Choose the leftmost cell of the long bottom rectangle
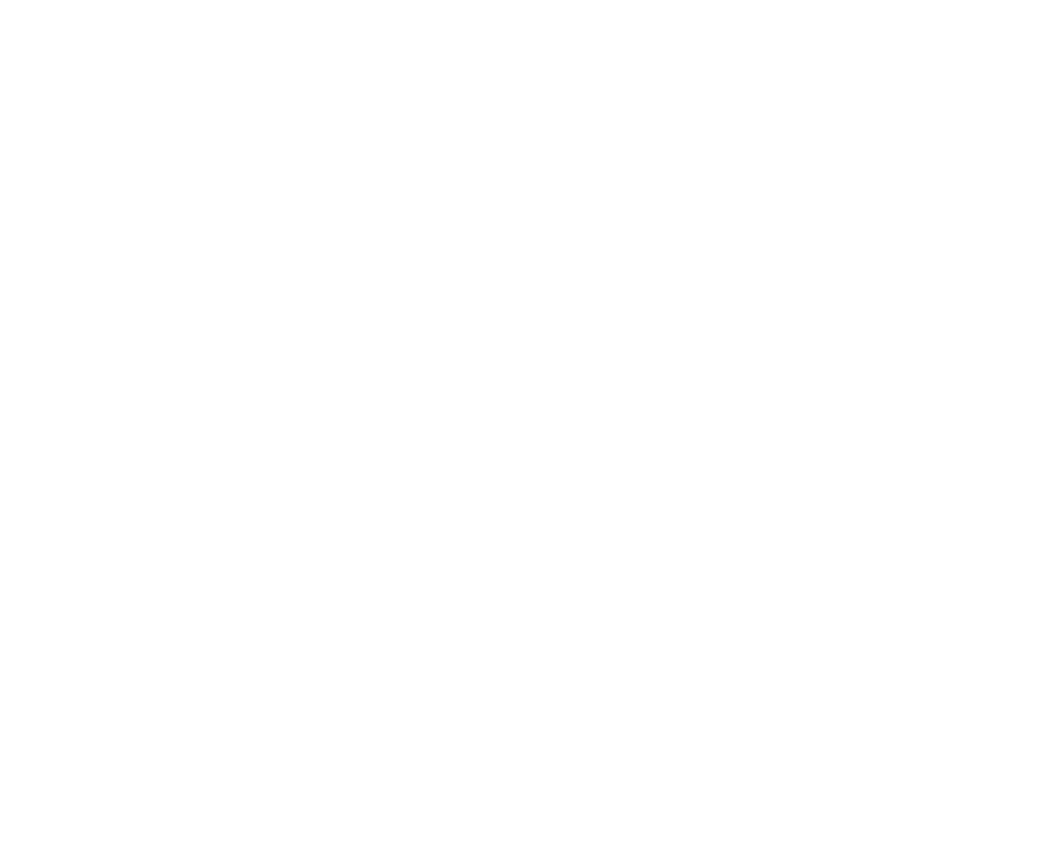[x=131, y=500]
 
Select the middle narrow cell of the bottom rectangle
[x=187, y=500]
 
